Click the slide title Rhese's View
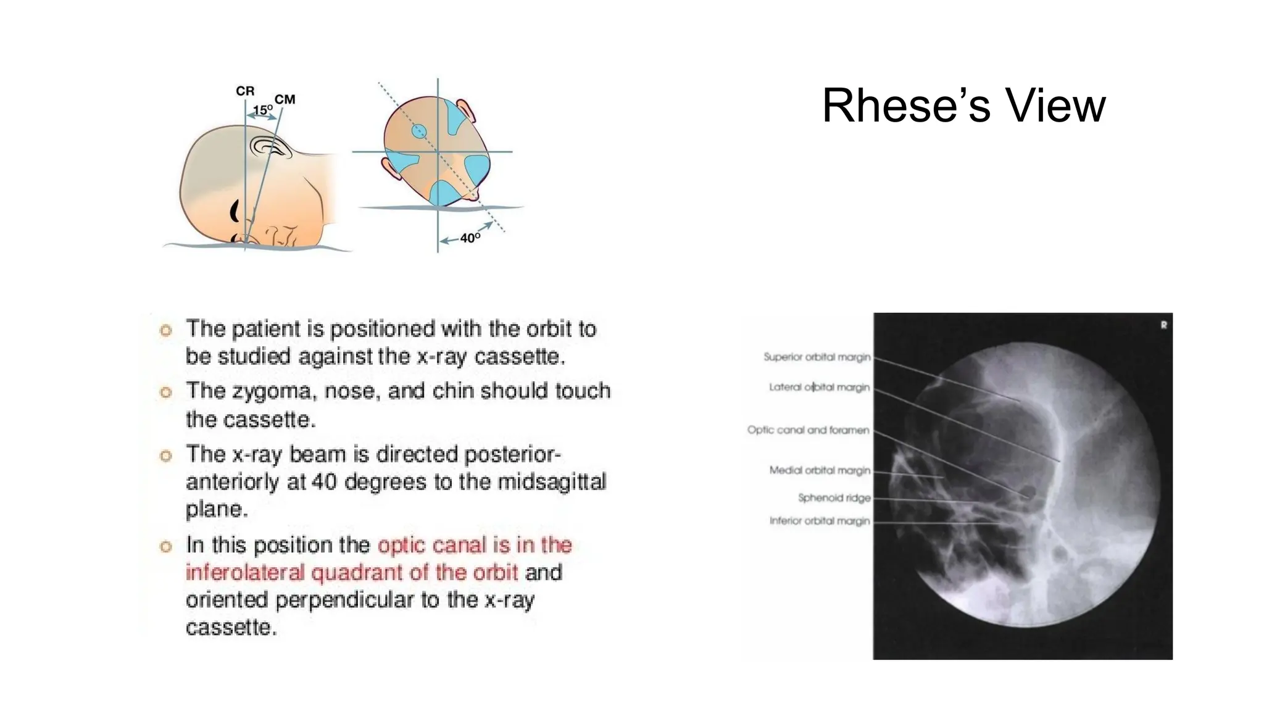point(963,106)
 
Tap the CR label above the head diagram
point(245,91)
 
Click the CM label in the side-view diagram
point(285,99)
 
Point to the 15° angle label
point(263,110)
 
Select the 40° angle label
point(470,238)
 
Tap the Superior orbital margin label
point(817,357)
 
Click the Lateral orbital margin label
point(819,387)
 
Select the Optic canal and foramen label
point(808,430)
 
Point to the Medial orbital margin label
point(819,470)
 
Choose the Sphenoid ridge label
point(834,497)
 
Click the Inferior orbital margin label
point(819,521)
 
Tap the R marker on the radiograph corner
point(1163,325)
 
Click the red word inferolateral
point(245,573)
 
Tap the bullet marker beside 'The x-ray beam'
point(165,456)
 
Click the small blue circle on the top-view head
point(419,131)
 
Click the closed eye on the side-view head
point(235,212)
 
